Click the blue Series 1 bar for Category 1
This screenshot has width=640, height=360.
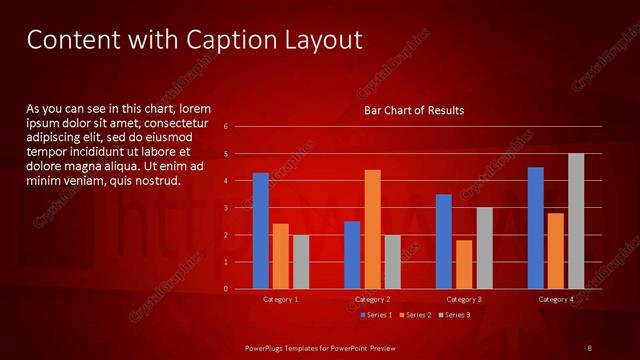tap(260, 231)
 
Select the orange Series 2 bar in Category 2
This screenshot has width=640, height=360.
tap(372, 229)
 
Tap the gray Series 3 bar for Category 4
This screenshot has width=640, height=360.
tap(576, 221)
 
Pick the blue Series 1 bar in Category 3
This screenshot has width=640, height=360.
tap(444, 241)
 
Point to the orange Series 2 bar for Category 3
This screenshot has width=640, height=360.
tap(464, 264)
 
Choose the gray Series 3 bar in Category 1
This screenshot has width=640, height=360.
tap(301, 262)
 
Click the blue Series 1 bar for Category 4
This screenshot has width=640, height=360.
tap(536, 228)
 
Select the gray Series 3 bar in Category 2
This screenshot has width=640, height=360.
tap(392, 262)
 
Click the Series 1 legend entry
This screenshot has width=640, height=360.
tap(377, 315)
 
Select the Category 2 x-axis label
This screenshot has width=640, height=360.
tap(372, 299)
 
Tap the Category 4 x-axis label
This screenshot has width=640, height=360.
tap(556, 299)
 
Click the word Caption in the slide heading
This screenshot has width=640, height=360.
tap(221, 40)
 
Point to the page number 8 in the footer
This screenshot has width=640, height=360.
tap(590, 347)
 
